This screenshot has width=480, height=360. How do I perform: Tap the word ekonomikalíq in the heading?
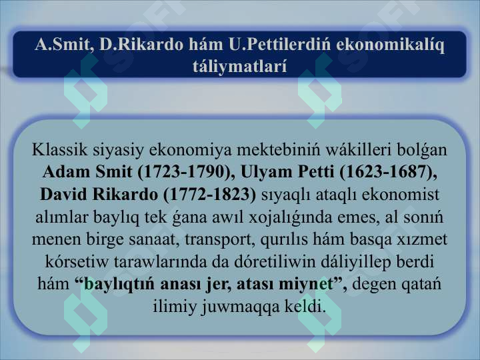pos(390,45)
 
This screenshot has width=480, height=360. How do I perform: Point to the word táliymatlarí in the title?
pos(240,66)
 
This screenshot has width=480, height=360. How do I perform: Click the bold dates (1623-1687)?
pos(388,172)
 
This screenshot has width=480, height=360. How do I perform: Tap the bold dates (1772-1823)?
pos(210,195)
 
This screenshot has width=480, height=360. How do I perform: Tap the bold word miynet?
pos(306,284)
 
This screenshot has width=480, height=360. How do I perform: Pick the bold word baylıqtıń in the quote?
pos(119,284)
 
